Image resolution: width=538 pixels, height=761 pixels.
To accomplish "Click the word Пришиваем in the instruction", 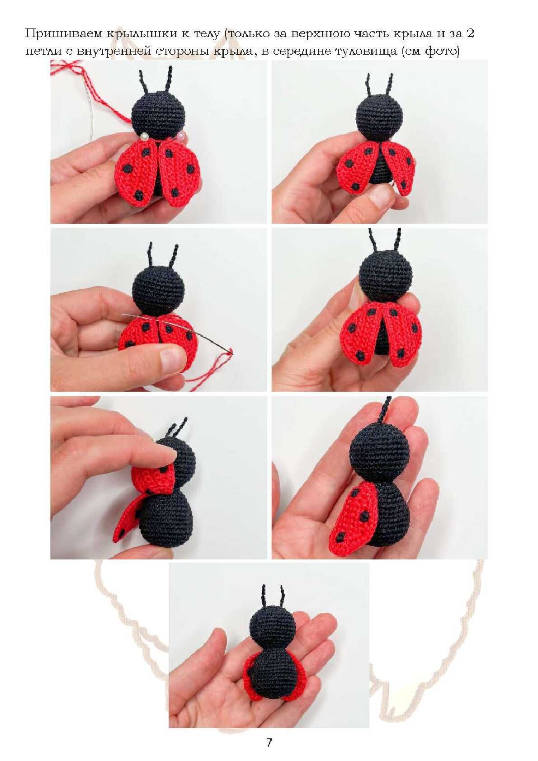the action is coord(64,33).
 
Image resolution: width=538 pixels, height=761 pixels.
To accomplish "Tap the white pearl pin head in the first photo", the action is coord(145,136).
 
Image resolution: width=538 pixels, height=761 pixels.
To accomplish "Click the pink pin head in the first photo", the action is coord(181,136).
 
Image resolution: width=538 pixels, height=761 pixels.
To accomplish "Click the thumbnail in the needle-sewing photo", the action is coord(172,360).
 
